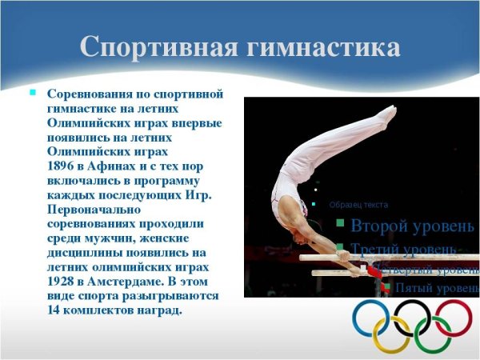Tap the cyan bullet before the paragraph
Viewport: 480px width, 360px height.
click(x=33, y=93)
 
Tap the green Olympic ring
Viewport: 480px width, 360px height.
click(x=433, y=336)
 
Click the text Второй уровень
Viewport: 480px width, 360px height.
click(x=411, y=225)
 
